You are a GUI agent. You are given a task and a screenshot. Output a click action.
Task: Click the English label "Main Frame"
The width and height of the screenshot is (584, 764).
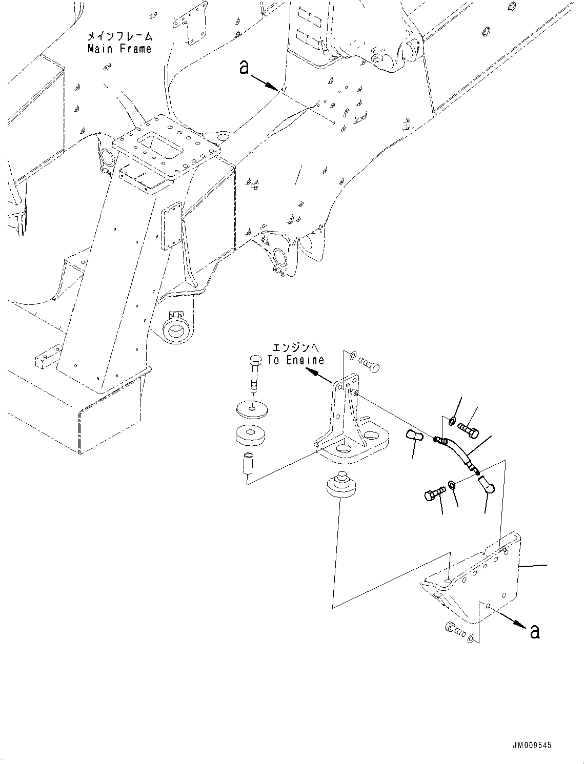click(x=119, y=49)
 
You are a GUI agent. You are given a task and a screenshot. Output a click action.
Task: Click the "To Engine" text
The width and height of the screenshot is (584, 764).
click(x=296, y=360)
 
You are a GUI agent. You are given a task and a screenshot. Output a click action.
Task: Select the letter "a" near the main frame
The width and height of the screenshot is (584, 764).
click(x=245, y=67)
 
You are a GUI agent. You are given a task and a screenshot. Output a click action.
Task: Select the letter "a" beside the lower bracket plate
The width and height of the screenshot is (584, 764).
click(x=535, y=631)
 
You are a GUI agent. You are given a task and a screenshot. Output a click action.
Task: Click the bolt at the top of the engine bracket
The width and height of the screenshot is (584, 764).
click(x=369, y=365)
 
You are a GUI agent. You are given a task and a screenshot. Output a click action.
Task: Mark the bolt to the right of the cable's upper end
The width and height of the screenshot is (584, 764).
click(x=468, y=429)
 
